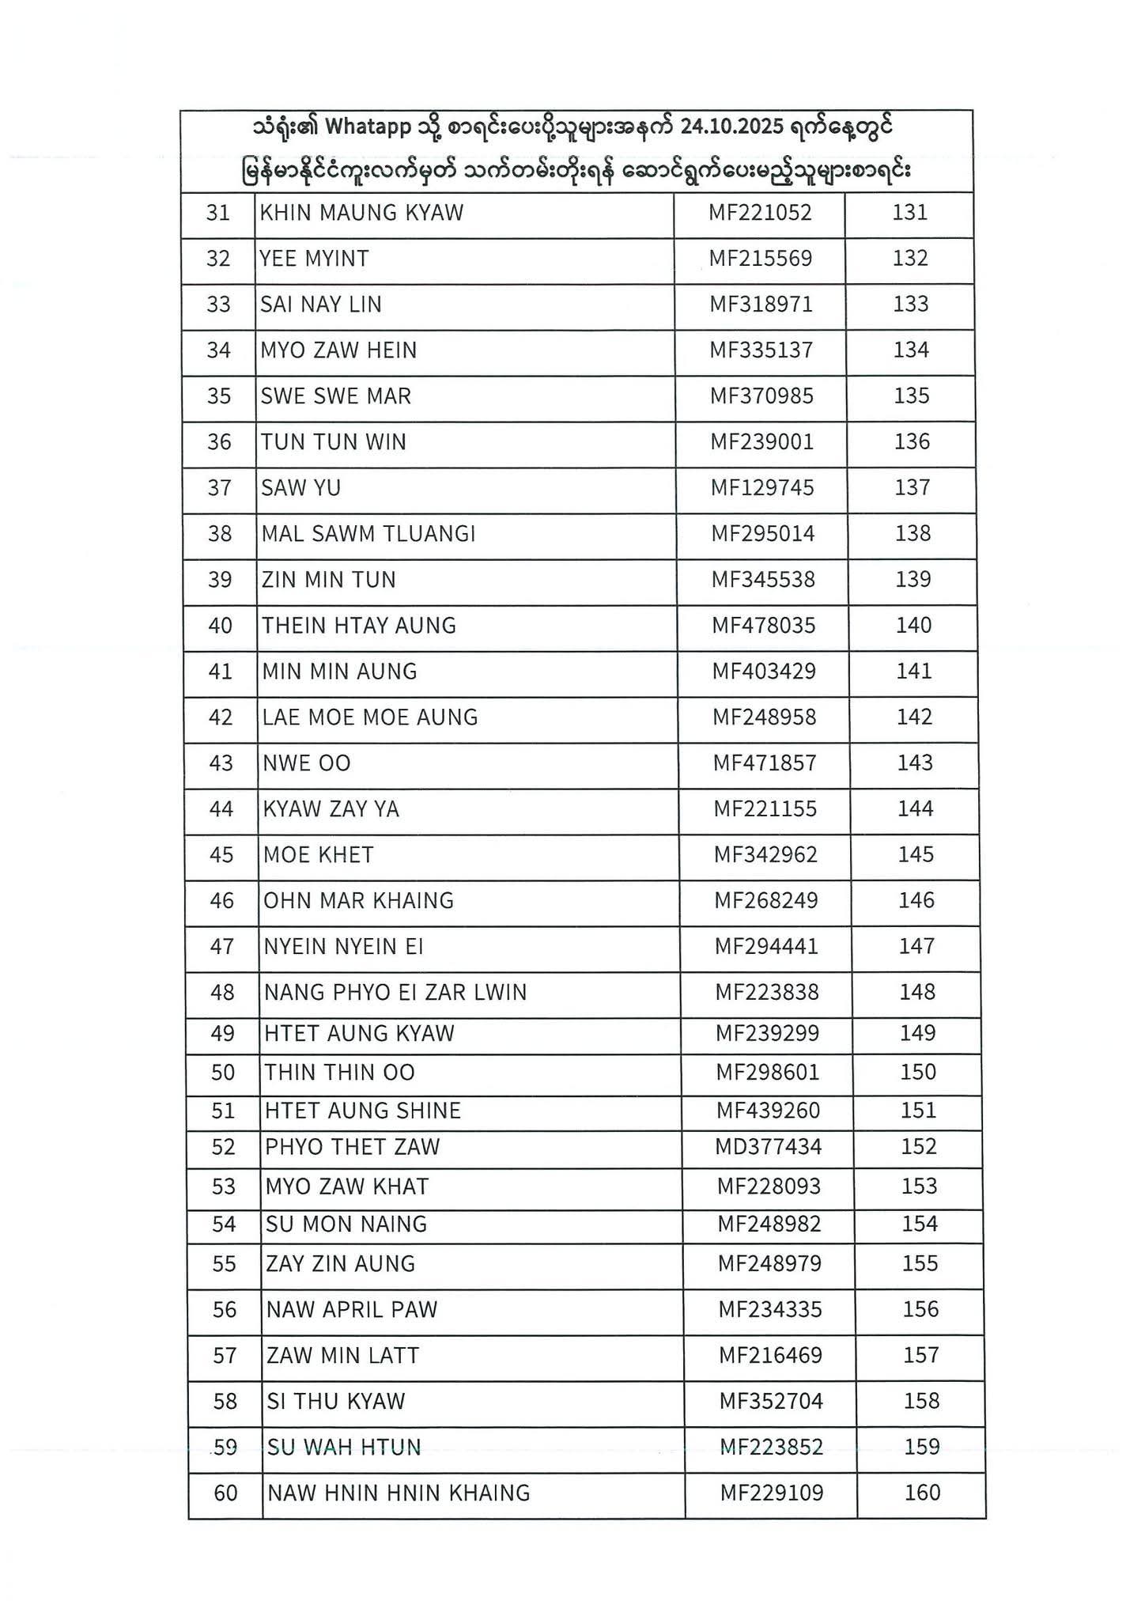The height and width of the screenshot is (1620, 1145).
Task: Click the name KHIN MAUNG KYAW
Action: pos(361,213)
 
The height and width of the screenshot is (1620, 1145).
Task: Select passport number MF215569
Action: pos(760,259)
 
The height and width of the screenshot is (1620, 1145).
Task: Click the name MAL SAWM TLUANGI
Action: pos(368,534)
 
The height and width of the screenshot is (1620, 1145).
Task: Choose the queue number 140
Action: pos(913,626)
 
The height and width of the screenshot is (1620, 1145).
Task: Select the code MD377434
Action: pos(768,1147)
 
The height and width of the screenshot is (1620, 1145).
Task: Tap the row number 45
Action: pos(221,855)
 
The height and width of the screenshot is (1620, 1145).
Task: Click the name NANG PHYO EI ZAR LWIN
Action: pos(395,993)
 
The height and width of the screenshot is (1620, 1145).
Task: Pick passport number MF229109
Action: pos(771,1493)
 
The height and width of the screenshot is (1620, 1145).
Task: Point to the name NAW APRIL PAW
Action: pos(352,1310)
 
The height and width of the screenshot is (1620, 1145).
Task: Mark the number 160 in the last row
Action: pos(922,1493)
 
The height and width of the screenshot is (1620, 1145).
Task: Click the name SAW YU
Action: pos(301,488)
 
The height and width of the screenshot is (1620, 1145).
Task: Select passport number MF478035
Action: pos(763,626)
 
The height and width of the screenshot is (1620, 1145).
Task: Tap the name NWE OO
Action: pos(307,763)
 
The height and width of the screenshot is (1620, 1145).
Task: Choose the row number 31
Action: pos(218,213)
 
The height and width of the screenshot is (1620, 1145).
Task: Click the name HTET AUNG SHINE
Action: pos(363,1111)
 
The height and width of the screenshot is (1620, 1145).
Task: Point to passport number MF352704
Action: pos(771,1402)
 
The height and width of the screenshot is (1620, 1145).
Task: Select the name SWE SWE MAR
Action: pos(336,396)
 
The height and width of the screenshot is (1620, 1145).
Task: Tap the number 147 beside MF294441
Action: pos(916,947)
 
